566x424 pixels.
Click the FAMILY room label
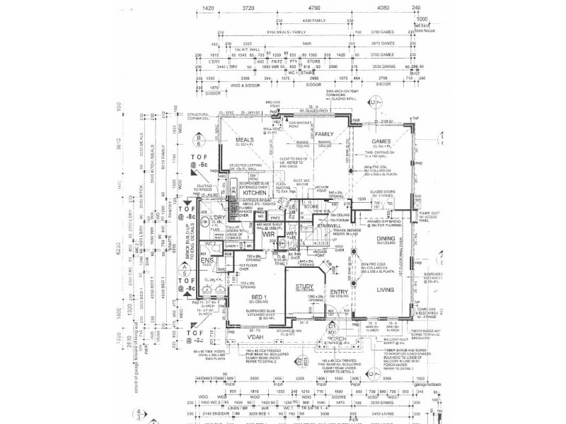click(324, 134)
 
